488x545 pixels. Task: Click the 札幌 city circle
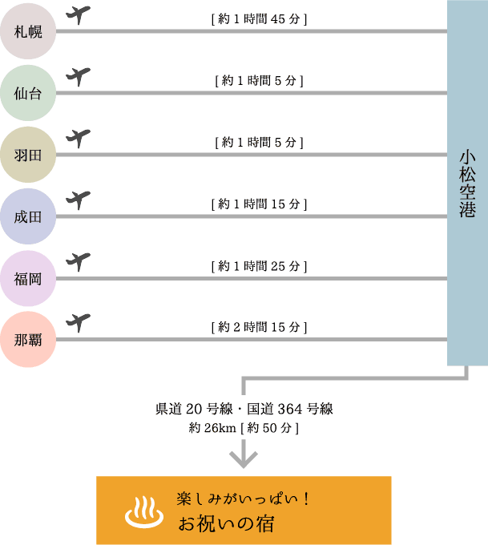coord(28,32)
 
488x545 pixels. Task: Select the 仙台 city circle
coord(28,94)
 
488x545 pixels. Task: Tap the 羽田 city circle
coord(28,155)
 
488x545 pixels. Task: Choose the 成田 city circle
coord(28,216)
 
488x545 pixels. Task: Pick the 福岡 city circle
coord(28,278)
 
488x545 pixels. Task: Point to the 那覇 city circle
coord(28,340)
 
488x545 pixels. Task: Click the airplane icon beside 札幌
coord(78,15)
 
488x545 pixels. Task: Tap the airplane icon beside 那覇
coord(78,322)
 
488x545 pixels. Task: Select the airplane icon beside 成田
coord(78,199)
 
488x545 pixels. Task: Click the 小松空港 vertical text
coord(467,184)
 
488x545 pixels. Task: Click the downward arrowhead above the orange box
coord(244,458)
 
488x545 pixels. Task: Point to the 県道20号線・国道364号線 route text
coord(244,409)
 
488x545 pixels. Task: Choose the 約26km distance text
coord(210,428)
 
